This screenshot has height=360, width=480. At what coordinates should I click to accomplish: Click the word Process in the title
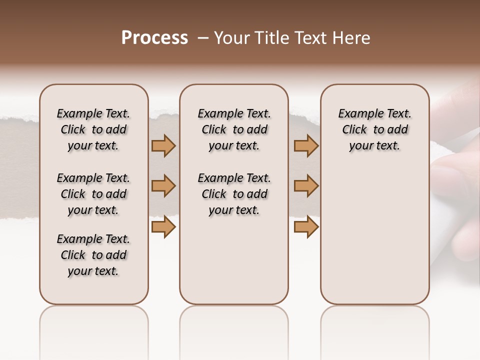point(154,38)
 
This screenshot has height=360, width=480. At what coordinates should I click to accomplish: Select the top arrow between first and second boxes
point(163,145)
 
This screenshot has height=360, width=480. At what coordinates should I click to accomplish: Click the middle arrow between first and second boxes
point(163,186)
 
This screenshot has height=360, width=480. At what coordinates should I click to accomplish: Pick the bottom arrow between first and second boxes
point(163,227)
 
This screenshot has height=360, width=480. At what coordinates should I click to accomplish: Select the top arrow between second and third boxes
point(306,145)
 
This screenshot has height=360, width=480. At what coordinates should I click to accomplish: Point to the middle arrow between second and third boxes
point(306,186)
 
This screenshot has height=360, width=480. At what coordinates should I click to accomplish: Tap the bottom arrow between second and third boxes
point(306,227)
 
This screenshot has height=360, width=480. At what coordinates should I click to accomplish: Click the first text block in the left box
point(93,129)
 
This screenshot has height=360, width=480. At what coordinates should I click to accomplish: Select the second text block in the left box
point(93,194)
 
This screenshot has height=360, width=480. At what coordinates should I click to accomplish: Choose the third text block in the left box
point(93,255)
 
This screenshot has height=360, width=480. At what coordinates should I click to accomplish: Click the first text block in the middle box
point(234,129)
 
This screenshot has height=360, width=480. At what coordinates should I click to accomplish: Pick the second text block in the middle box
point(234,194)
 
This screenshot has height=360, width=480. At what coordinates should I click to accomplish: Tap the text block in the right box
point(375,129)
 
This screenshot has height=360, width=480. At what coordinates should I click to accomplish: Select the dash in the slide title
point(203,38)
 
